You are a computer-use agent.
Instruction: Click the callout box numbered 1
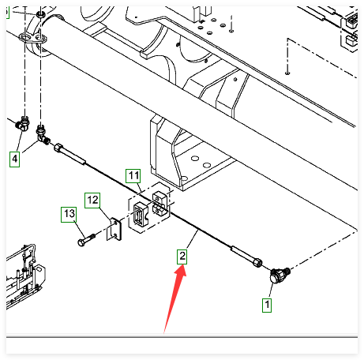point(267,305)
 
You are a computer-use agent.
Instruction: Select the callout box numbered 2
point(182,257)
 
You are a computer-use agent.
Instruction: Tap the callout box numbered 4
point(15,159)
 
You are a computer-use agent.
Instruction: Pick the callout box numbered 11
point(133,176)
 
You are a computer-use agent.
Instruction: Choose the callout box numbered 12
point(92,201)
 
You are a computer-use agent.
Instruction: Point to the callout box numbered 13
point(69,214)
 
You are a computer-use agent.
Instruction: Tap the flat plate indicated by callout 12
point(114,229)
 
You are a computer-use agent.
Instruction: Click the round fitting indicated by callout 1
point(280,275)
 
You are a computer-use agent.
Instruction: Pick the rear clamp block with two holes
point(160,204)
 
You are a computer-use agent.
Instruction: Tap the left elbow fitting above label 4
point(23,124)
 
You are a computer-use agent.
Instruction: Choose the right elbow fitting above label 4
point(43,134)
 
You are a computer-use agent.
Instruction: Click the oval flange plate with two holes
point(33,39)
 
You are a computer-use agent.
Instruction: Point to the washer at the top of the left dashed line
point(40,14)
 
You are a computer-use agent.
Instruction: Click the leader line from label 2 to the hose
point(192,239)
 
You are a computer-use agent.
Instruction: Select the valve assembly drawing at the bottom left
point(24,276)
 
